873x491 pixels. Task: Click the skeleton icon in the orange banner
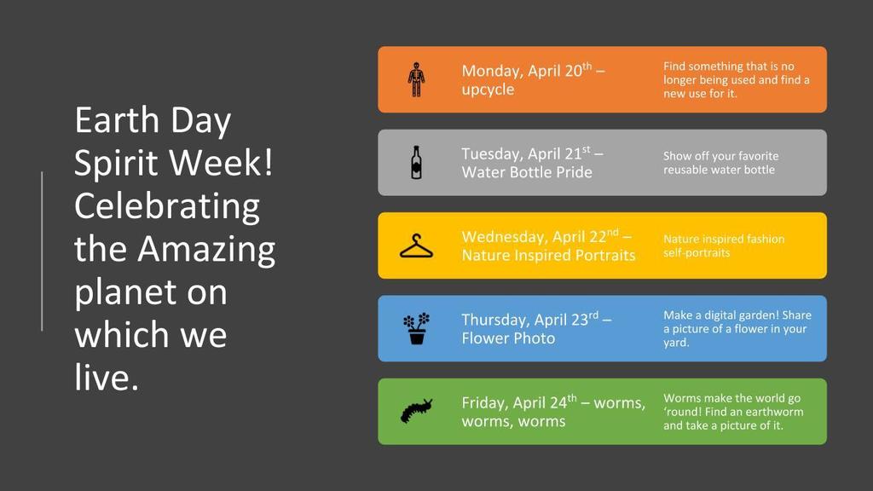pyautogui.click(x=416, y=79)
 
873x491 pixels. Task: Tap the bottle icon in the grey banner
pyautogui.click(x=416, y=163)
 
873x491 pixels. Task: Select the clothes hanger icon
pyautogui.click(x=416, y=246)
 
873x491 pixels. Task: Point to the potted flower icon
pyautogui.click(x=416, y=328)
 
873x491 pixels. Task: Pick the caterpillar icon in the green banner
pyautogui.click(x=416, y=411)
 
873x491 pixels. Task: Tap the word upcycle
pyautogui.click(x=488, y=90)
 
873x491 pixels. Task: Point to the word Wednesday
pyautogui.click(x=504, y=237)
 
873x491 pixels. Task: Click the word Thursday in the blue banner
pyautogui.click(x=495, y=321)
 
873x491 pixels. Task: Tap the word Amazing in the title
pyautogui.click(x=206, y=250)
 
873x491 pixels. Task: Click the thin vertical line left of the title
pyautogui.click(x=42, y=251)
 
